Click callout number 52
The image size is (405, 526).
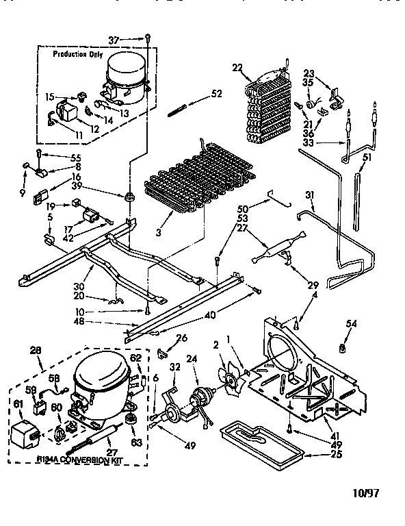click(x=216, y=94)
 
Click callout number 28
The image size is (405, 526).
click(x=36, y=351)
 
